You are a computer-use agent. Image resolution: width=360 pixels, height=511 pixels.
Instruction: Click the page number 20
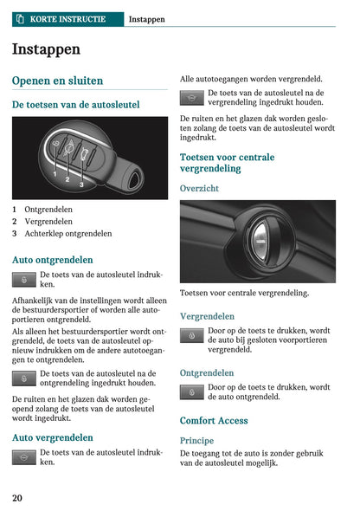tap(17, 497)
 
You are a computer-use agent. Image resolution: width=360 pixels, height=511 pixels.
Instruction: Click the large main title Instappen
tap(46, 49)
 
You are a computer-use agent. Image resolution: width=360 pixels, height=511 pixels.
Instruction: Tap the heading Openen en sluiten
tap(57, 81)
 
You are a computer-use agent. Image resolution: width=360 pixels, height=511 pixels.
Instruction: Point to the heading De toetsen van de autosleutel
tap(75, 104)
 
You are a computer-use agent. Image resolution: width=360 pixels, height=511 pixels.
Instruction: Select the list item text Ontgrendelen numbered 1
tap(48, 209)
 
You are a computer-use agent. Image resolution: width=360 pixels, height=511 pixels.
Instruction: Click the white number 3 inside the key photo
tap(80, 184)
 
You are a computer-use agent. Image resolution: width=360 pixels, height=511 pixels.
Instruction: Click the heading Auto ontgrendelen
tap(53, 259)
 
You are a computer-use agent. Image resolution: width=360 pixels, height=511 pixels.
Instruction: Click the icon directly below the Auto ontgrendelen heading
tap(24, 279)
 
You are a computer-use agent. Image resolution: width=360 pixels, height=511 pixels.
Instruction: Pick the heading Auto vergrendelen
tap(53, 437)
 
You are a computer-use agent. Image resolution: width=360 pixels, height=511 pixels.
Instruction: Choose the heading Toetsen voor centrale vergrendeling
tap(227, 163)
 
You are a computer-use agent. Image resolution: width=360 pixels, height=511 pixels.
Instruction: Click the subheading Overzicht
tap(199, 188)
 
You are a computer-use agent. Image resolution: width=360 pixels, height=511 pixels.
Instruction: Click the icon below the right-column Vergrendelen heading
tap(191, 335)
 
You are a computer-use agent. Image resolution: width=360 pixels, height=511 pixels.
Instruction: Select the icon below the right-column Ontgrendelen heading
tap(191, 391)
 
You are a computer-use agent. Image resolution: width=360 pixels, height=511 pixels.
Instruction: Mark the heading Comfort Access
tap(214, 421)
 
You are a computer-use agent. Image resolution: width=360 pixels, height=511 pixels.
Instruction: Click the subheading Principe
tap(196, 440)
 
